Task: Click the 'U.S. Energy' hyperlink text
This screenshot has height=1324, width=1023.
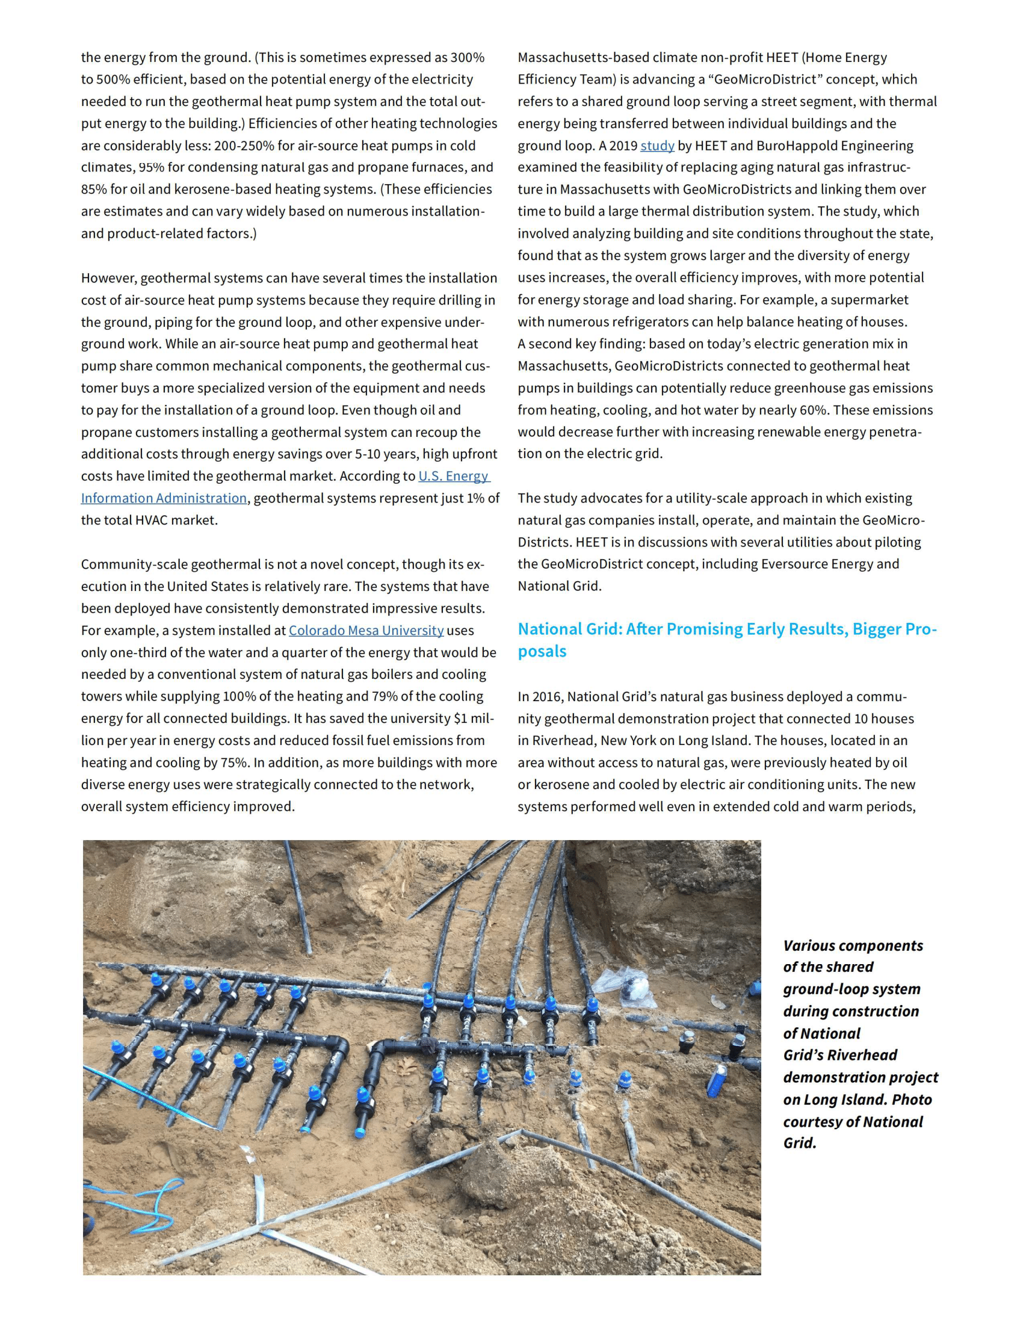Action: (x=453, y=476)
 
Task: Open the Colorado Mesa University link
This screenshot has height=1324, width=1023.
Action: (x=366, y=631)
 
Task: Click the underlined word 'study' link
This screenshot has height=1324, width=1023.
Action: (x=657, y=146)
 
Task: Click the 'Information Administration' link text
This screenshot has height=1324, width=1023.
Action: (x=164, y=498)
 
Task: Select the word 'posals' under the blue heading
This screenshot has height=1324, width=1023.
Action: (x=542, y=652)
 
